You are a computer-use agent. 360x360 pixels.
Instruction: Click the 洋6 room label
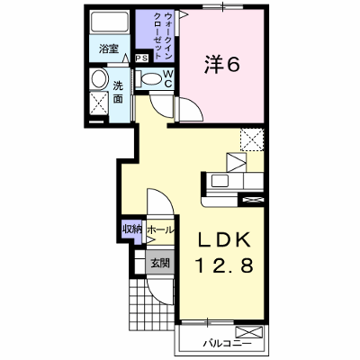pyautogui.click(x=222, y=65)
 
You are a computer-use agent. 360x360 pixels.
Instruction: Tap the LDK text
pyautogui.click(x=223, y=240)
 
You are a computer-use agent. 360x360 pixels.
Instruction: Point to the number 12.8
pyautogui.click(x=224, y=265)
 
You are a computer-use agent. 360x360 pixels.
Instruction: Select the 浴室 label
pyautogui.click(x=109, y=49)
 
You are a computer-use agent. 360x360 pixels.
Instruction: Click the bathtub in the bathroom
pyautogui.click(x=110, y=21)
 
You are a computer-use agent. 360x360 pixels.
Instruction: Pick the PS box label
pyautogui.click(x=141, y=58)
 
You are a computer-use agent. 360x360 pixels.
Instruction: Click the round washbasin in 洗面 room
pyautogui.click(x=99, y=78)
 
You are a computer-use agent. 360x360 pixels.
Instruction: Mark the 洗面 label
pyautogui.click(x=118, y=93)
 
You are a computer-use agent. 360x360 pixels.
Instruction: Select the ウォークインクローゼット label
pyautogui.click(x=164, y=36)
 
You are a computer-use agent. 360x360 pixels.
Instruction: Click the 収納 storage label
pyautogui.click(x=131, y=229)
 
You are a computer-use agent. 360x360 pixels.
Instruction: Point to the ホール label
pyautogui.click(x=160, y=230)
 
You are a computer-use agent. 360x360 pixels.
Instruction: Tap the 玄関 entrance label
pyautogui.click(x=160, y=263)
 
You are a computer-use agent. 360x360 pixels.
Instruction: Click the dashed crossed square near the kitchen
pyautogui.click(x=252, y=139)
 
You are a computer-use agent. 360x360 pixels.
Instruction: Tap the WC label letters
pyautogui.click(x=168, y=78)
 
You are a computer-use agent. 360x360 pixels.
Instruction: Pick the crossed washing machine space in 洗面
pyautogui.click(x=99, y=103)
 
